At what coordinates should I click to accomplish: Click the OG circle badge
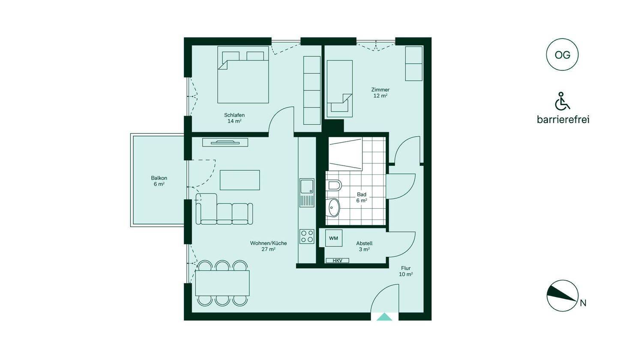coord(562,55)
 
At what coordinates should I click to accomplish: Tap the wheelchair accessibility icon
coord(562,102)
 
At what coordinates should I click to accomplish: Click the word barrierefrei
coord(563,120)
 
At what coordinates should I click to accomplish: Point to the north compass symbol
coord(563,296)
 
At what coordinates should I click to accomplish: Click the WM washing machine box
coord(333,238)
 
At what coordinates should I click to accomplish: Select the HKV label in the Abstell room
coord(337,261)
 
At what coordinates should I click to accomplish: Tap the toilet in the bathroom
coord(333,185)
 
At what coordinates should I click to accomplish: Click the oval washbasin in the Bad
coord(333,208)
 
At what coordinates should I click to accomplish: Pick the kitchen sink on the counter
coord(307,193)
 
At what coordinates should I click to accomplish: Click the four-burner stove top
coord(307,236)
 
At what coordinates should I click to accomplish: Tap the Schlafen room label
coord(234,118)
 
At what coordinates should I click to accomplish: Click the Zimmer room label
coord(380,93)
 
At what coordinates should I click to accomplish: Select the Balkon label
coord(159,181)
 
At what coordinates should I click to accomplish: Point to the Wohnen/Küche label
coord(268,246)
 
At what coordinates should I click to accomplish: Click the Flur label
coord(406,271)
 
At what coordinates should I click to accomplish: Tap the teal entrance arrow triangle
coord(384,317)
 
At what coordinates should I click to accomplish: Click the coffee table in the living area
coord(240,180)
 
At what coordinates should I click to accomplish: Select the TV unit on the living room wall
coord(225,142)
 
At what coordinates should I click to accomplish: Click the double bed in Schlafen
coord(243,75)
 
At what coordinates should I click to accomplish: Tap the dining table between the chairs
coord(222,283)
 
